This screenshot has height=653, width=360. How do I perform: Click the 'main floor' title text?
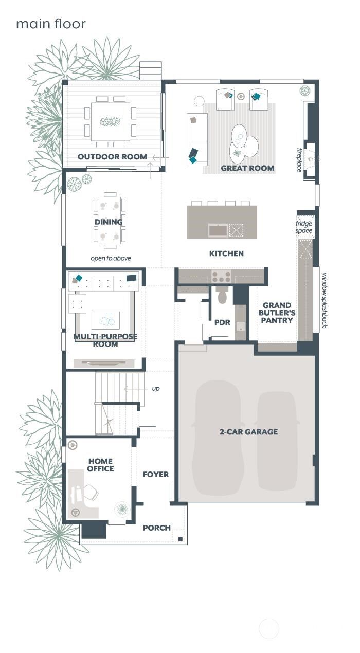point(50,24)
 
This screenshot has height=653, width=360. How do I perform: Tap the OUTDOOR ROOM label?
point(112,157)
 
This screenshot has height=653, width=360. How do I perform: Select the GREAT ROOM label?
point(247,168)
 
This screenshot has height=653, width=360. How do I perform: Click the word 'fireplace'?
point(299,160)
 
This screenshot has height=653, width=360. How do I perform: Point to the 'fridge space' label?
point(304,227)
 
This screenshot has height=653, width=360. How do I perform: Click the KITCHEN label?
point(226,253)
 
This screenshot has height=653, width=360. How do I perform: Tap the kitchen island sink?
point(218,230)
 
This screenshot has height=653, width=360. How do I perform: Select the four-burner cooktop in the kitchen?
point(222,277)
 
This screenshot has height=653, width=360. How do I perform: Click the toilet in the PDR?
point(222,297)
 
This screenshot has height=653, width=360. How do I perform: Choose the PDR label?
point(222,323)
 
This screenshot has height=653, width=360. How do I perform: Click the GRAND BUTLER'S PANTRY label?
point(277,313)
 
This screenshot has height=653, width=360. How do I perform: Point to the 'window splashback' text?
point(325,300)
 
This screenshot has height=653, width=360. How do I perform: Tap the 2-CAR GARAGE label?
point(248,432)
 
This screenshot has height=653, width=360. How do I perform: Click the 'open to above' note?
point(111,258)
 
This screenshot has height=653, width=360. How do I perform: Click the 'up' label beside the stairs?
point(155,389)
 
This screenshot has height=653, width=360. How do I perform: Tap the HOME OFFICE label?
point(100,465)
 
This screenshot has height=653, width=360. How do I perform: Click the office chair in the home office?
point(90,492)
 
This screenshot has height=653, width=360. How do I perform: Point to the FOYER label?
point(155,475)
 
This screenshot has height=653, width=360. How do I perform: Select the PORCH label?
point(156,528)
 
